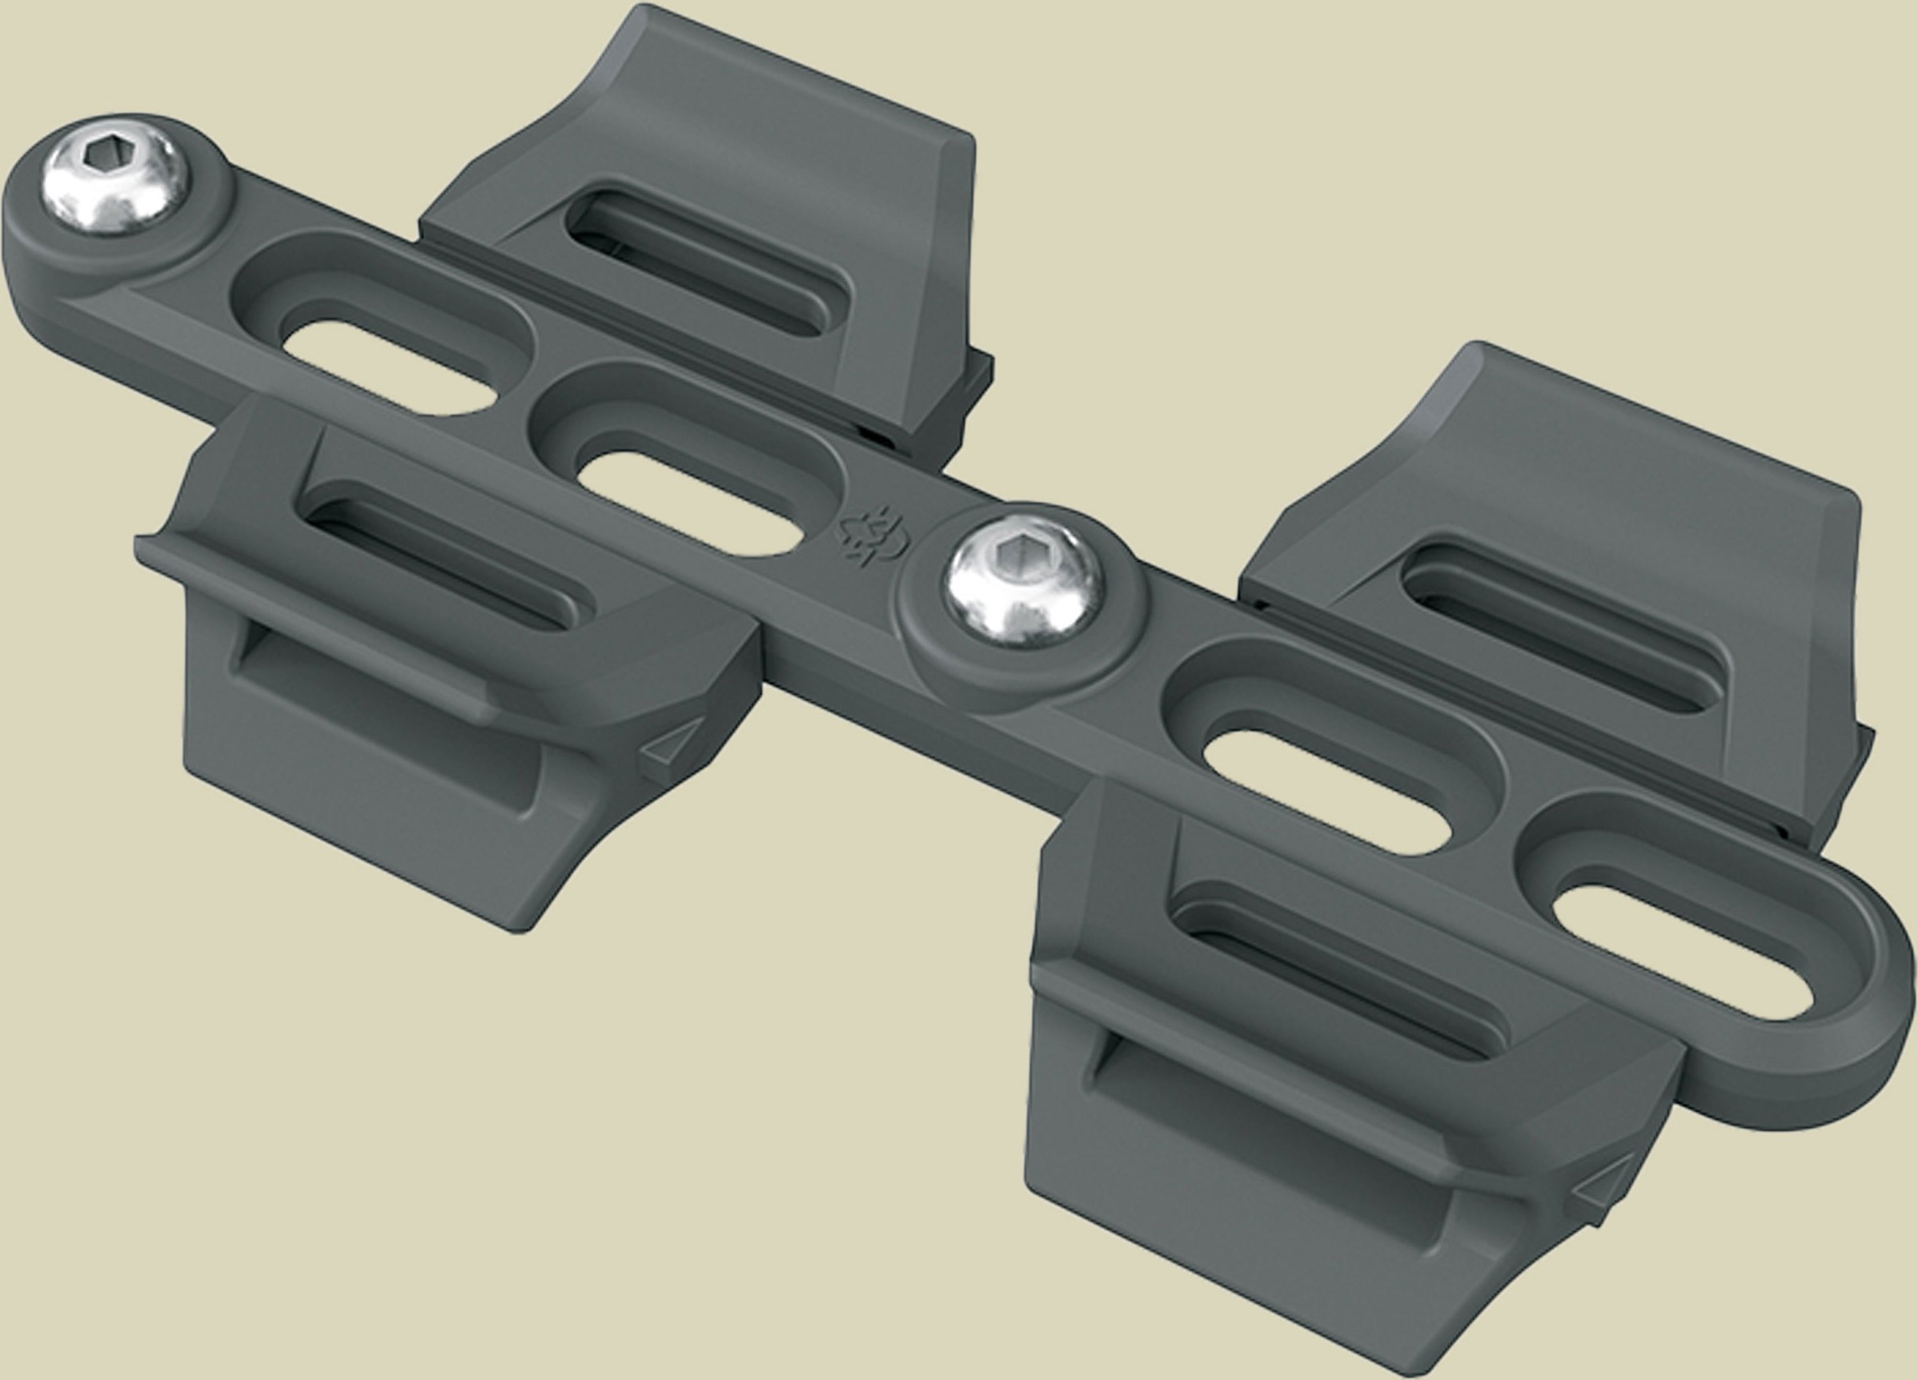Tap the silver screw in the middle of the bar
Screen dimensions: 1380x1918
click(x=1025, y=580)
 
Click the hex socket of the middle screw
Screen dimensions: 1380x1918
click(x=1017, y=556)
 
